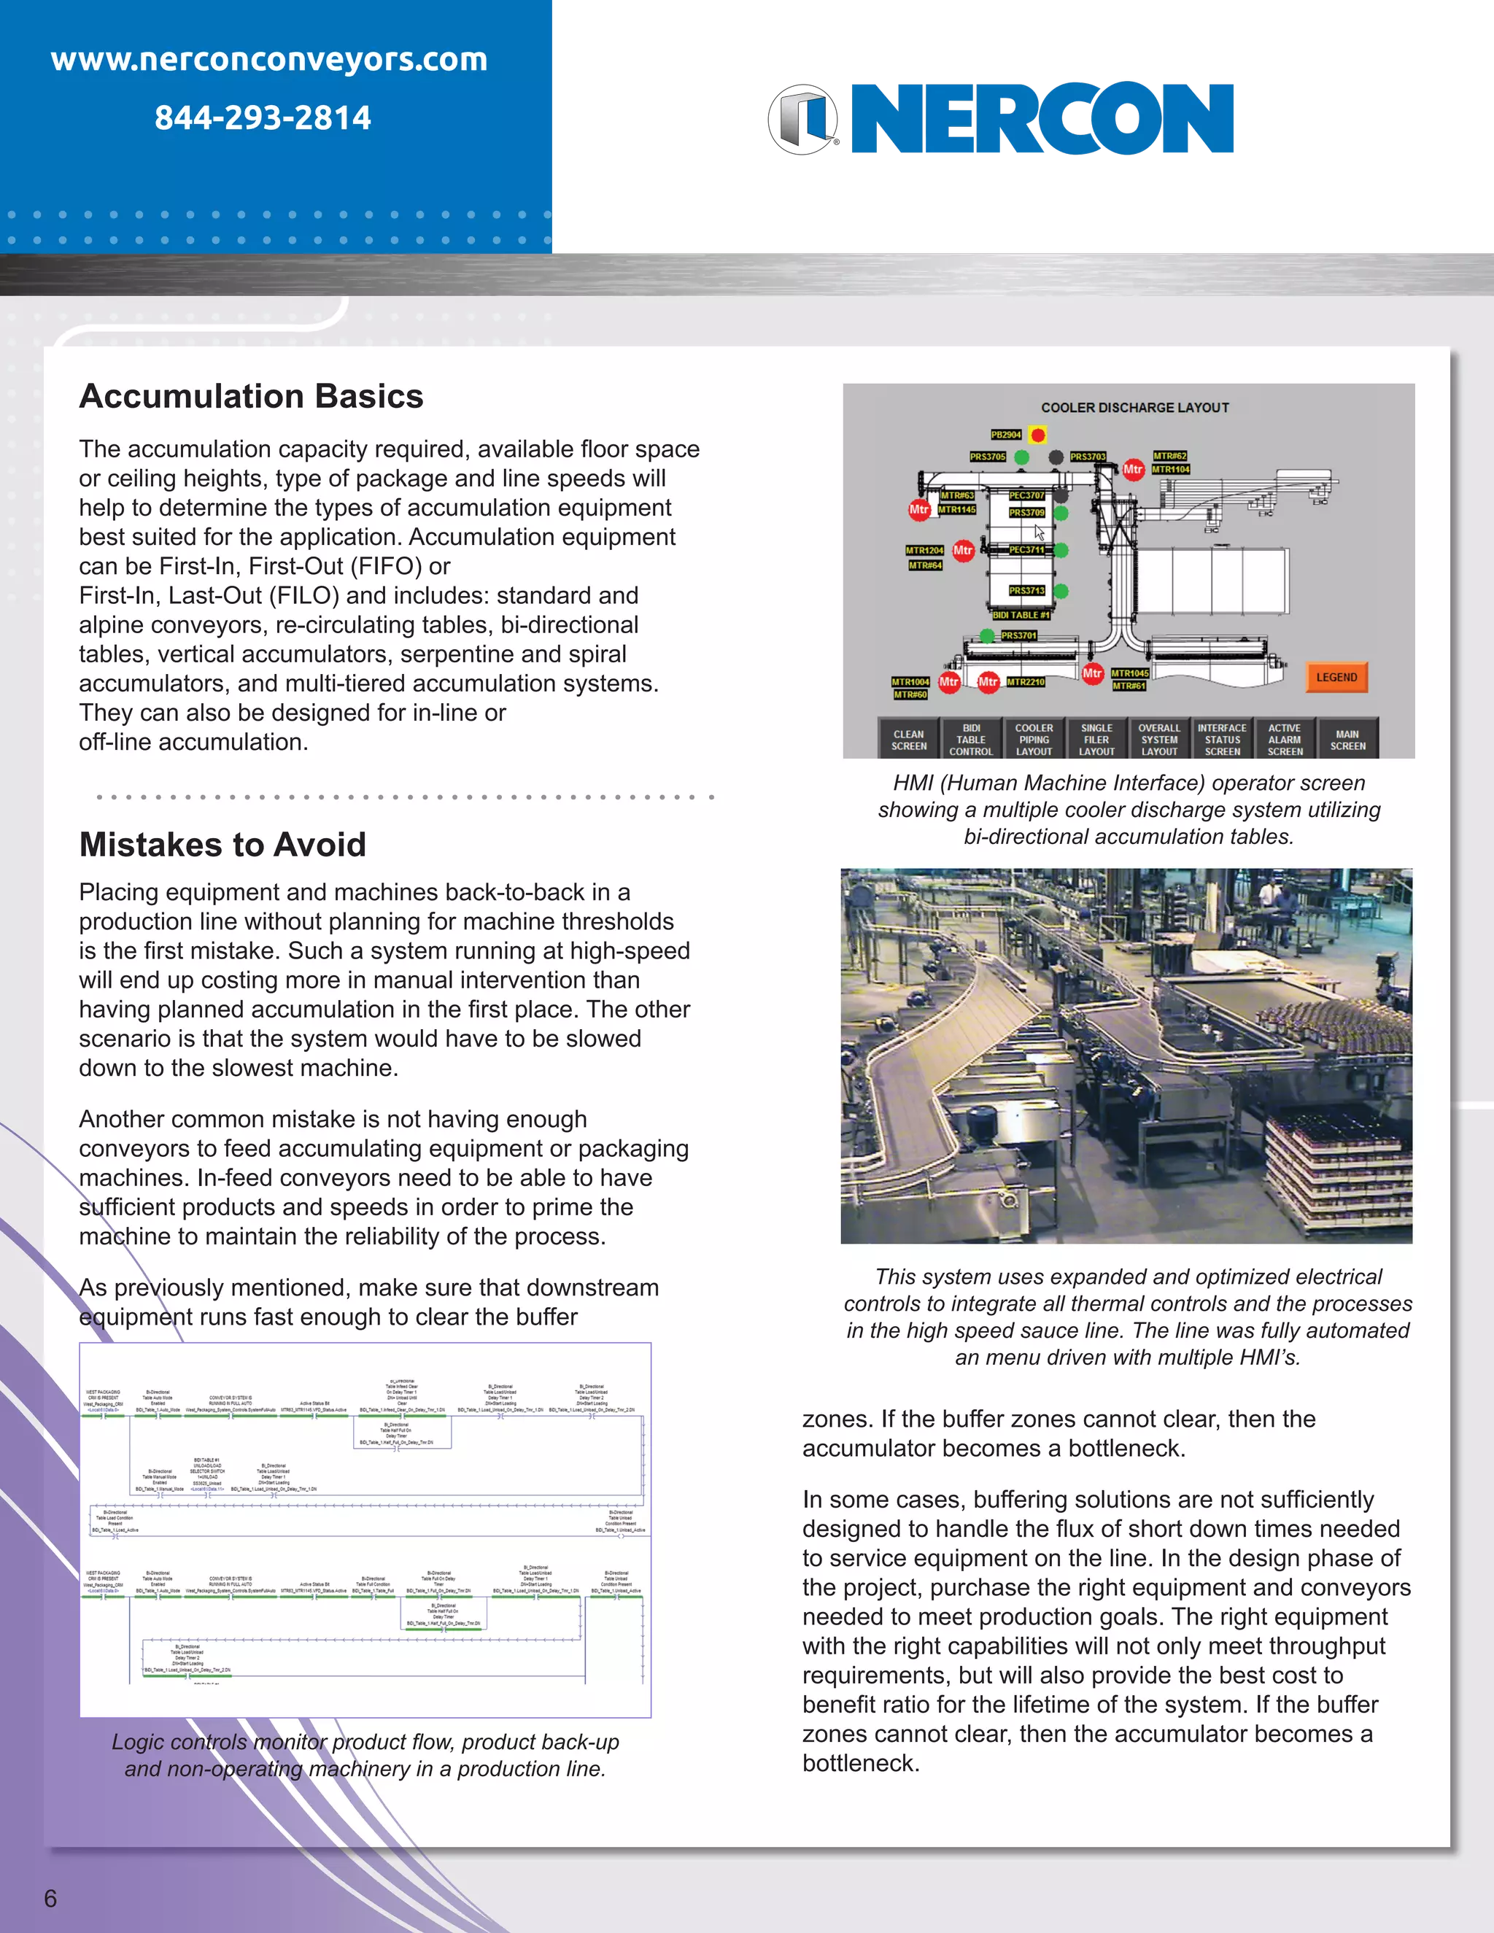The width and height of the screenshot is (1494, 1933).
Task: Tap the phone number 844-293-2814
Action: click(x=263, y=117)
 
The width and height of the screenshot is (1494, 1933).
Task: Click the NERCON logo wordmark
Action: click(x=1042, y=120)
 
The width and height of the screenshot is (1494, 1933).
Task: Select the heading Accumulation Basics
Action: click(x=252, y=395)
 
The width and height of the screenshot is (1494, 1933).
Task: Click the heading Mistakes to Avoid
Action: click(x=222, y=845)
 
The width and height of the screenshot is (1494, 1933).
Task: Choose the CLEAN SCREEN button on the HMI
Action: click(x=908, y=739)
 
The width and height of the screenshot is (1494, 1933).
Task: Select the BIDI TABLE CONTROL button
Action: click(x=970, y=739)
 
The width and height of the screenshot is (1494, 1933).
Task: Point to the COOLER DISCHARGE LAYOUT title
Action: click(x=1134, y=407)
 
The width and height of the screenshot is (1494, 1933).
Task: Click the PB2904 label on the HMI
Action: click(x=1005, y=435)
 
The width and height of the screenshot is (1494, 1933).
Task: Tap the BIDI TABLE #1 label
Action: click(x=1021, y=614)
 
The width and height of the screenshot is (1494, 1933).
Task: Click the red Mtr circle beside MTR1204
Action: click(x=963, y=551)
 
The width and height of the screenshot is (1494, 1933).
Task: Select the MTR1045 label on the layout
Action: click(x=1129, y=673)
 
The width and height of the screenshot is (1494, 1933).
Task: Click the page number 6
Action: click(x=50, y=1897)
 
